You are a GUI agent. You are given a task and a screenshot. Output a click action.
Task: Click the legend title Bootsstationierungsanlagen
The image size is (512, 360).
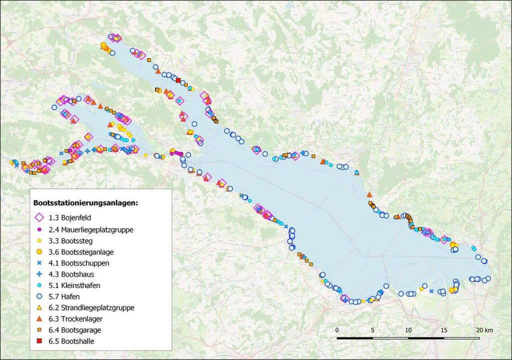(x=85, y=203)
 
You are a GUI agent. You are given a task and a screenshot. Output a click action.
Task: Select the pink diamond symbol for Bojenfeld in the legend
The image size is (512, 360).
(x=39, y=218)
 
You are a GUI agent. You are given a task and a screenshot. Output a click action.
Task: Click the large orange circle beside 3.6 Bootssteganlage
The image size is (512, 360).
(x=39, y=251)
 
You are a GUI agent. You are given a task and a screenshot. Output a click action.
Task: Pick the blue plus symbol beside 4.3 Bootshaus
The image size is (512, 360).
(x=39, y=274)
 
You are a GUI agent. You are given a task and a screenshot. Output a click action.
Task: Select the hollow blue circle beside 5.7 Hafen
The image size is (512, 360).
(x=39, y=296)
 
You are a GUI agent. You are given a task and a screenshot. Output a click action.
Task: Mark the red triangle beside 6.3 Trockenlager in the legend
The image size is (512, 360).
(x=39, y=318)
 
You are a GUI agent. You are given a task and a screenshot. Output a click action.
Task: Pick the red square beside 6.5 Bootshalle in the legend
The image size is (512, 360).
(x=39, y=341)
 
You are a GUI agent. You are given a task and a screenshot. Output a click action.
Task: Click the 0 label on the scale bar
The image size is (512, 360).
(x=337, y=330)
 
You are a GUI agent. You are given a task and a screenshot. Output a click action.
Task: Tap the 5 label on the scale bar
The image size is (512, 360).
(x=372, y=330)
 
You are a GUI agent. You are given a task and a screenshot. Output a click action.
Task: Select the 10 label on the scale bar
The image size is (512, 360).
(x=408, y=330)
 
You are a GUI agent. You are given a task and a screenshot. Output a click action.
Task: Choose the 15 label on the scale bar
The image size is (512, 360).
(x=444, y=330)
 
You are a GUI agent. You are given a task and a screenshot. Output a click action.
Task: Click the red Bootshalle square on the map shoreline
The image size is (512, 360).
(x=178, y=80)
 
